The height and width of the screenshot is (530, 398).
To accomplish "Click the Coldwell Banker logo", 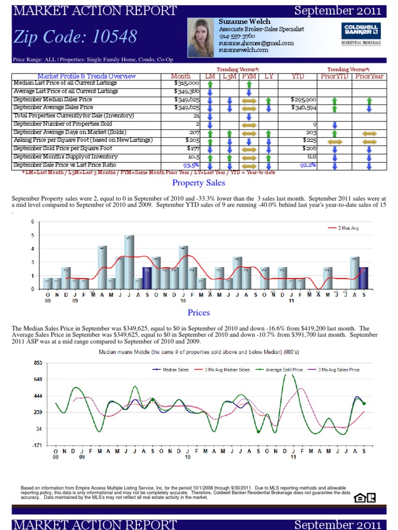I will coord(361,34).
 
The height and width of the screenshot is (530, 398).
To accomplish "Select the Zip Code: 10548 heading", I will coord(76,37).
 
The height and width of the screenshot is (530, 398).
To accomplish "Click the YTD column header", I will coord(297,76).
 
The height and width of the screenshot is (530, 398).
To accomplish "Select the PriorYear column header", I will coord(369,76).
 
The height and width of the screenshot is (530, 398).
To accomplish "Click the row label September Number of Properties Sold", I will coord(63,124).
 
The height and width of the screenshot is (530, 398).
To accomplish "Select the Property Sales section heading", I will coord(198,183).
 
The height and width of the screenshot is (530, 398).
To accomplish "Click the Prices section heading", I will coord(198,312).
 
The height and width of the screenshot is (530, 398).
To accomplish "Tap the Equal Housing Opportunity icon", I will coord(359,498).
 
